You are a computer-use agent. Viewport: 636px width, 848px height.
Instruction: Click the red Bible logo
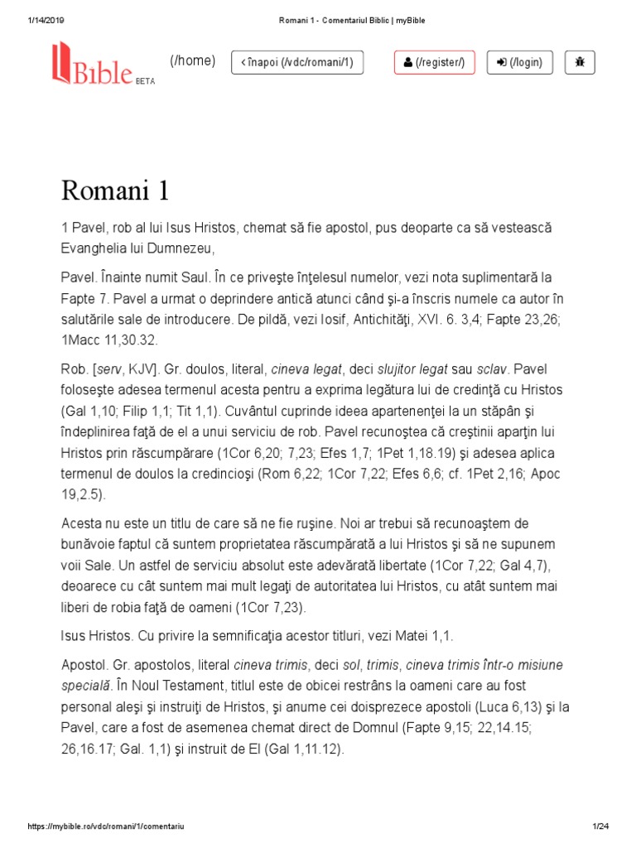(93, 63)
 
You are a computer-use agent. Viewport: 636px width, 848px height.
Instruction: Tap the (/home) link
(192, 60)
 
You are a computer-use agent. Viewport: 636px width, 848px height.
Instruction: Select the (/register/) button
(435, 62)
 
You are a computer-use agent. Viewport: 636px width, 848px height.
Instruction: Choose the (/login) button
(520, 62)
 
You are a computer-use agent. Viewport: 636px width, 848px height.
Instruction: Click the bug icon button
(580, 62)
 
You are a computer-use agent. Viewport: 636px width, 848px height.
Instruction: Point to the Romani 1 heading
(115, 191)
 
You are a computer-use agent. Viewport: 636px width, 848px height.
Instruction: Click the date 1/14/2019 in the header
(35, 20)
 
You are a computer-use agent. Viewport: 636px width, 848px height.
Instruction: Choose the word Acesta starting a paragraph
(82, 523)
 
